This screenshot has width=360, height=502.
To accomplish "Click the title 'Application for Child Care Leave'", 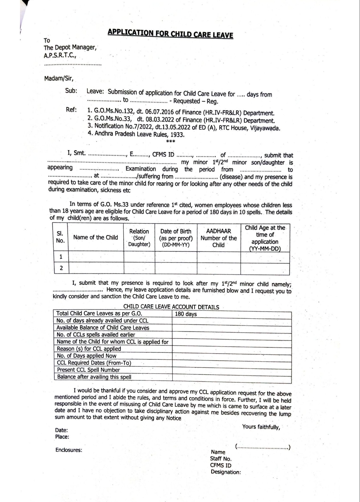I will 170,34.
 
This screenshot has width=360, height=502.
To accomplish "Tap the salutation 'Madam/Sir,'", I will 59,79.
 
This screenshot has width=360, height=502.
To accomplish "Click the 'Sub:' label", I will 71,91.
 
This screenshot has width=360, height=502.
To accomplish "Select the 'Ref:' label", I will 71,110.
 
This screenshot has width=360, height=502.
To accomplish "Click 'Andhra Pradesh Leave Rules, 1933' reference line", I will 139,134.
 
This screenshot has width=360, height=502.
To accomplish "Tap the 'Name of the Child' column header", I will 96,238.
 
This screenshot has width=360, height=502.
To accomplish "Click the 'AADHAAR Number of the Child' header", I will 218,238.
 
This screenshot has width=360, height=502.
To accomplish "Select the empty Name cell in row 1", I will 96,257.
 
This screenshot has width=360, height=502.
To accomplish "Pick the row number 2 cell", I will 61,268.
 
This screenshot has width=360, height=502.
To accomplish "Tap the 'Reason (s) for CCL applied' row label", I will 89,349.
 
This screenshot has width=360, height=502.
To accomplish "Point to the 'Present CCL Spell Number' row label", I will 88,370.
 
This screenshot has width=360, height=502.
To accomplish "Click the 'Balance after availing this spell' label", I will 94,377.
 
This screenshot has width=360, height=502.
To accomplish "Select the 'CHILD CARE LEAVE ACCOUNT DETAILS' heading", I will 171,307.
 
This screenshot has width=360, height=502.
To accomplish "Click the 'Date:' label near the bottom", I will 61,430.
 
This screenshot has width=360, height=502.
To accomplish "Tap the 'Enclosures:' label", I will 69,450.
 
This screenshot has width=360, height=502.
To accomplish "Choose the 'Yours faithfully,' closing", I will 261,427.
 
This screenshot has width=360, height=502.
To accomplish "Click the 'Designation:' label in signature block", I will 225,472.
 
